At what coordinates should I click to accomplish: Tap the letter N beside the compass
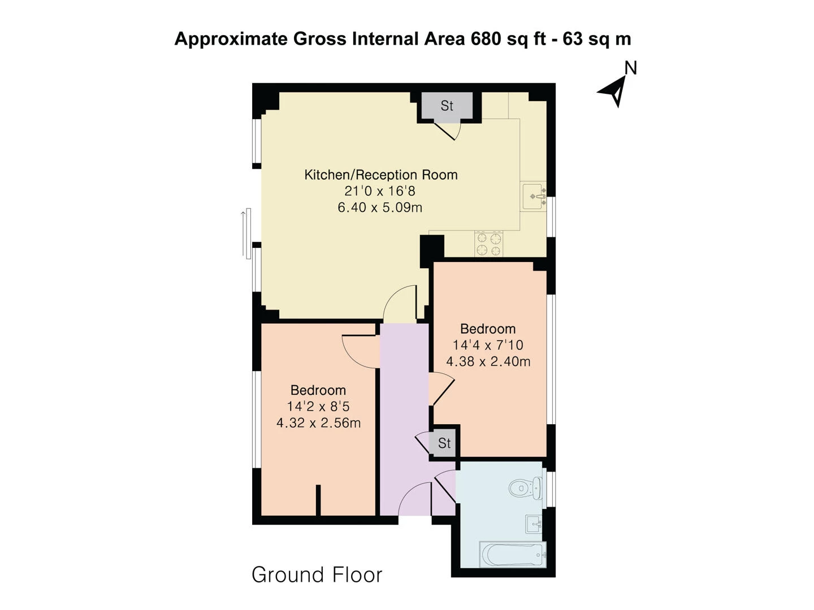click(630, 68)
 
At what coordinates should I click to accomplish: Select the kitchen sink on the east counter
click(532, 197)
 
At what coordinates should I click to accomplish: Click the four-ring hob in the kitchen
click(488, 243)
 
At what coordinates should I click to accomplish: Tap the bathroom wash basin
click(533, 524)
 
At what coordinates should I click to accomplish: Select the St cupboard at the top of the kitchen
click(447, 106)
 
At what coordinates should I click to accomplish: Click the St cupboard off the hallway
click(444, 443)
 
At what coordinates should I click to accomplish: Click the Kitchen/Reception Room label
click(380, 175)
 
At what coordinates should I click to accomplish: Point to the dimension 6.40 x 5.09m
click(380, 207)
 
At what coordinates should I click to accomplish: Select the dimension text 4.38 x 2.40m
click(488, 361)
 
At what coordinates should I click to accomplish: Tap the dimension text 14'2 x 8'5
click(318, 406)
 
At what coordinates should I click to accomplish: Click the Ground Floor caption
click(317, 575)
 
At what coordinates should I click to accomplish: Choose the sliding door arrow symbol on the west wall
click(246, 233)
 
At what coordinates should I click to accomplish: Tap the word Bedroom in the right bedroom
click(487, 329)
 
